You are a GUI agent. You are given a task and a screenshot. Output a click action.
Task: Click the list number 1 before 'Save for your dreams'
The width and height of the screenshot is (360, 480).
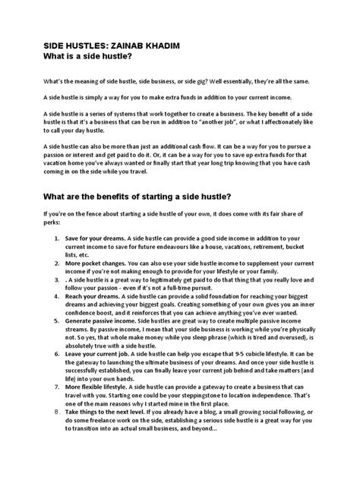coord(58,238)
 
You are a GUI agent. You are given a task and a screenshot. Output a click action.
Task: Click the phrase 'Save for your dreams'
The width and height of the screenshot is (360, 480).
coord(97,238)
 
